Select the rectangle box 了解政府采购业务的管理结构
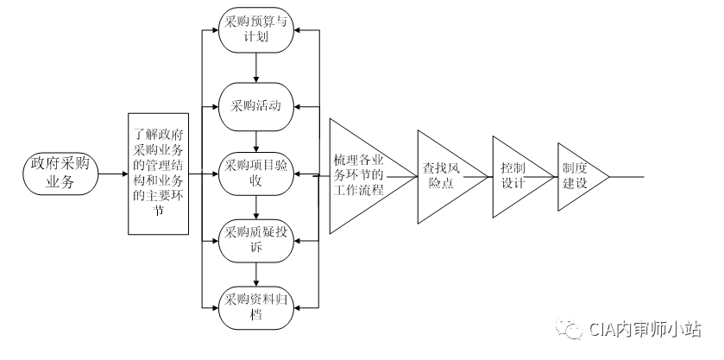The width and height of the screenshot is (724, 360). coord(158,173)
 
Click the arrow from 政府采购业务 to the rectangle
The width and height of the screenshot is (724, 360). coord(113,174)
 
